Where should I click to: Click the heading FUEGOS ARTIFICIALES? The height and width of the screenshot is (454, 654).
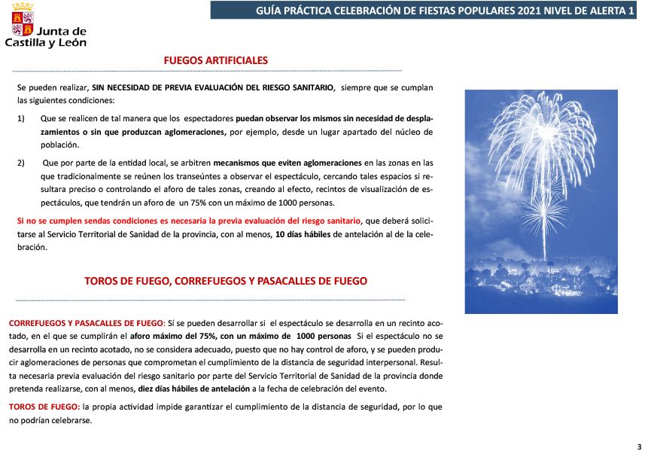pos(215,61)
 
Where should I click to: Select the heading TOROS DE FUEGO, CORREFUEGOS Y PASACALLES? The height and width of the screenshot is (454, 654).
pos(226,281)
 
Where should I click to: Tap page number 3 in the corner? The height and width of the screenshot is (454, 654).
pos(639,446)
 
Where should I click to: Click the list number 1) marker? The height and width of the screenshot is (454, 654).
pos(21,119)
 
